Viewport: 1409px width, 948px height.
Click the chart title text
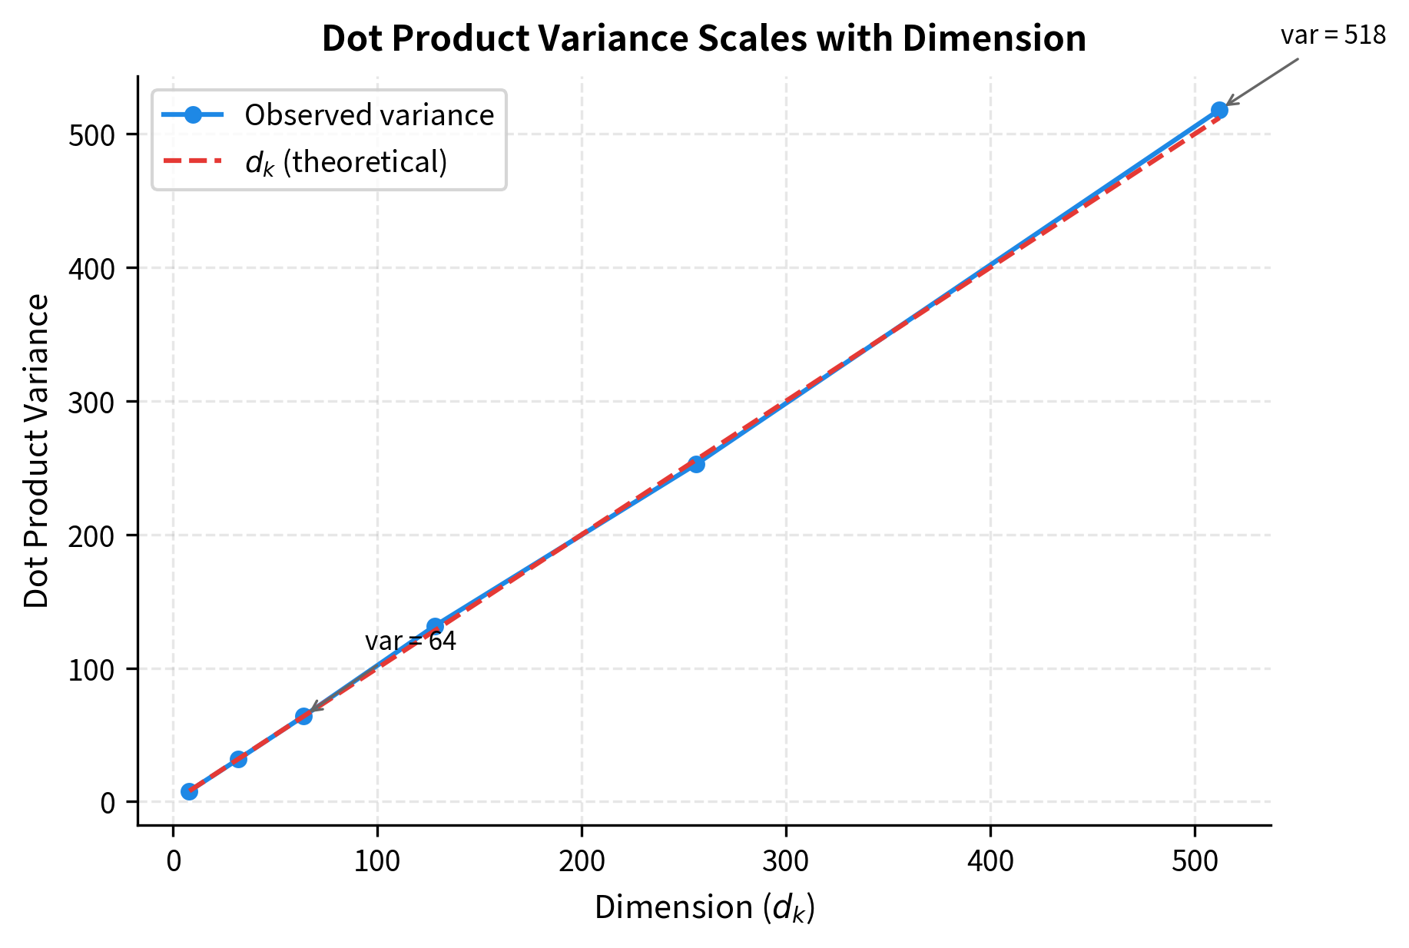click(704, 38)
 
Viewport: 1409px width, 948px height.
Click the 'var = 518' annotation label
click(1333, 36)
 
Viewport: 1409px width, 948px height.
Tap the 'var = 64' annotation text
click(410, 641)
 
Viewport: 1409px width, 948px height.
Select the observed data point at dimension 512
click(1219, 110)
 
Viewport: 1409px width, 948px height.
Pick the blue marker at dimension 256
click(696, 464)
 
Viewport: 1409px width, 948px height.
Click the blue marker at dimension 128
click(435, 626)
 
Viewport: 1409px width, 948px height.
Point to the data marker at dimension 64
click(303, 716)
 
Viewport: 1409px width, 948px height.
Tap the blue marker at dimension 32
click(238, 759)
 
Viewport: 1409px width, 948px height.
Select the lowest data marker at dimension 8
click(189, 791)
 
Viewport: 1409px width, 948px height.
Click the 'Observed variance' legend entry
click(369, 115)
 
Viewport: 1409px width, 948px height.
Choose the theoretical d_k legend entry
click(346, 162)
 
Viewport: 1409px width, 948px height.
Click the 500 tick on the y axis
click(91, 135)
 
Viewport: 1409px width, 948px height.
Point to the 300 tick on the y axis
click(91, 402)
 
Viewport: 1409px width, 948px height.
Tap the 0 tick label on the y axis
click(108, 803)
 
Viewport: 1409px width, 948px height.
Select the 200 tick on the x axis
click(582, 861)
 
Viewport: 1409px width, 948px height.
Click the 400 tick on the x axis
click(990, 861)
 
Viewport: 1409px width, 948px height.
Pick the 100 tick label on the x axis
click(377, 861)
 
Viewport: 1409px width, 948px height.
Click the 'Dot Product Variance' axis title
click(36, 451)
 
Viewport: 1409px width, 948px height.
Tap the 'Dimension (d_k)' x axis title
click(704, 908)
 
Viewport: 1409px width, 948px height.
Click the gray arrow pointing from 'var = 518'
click(1261, 81)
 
